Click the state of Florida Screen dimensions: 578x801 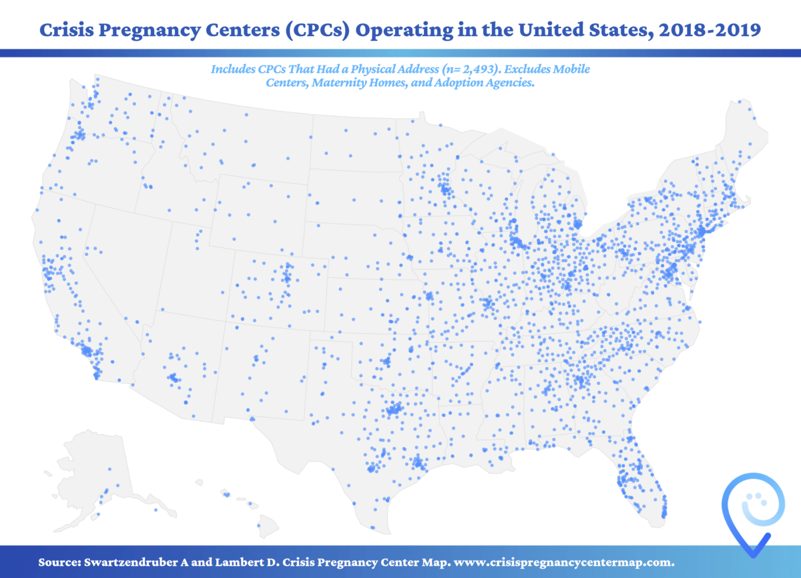pyautogui.click(x=637, y=461)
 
